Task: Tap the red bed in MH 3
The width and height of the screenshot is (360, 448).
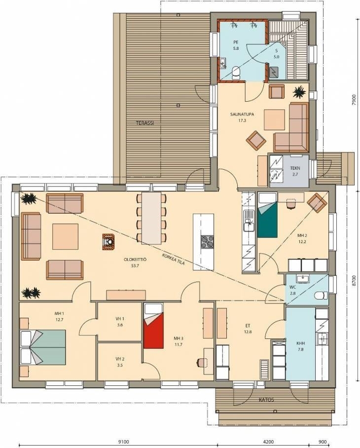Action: pyautogui.click(x=153, y=326)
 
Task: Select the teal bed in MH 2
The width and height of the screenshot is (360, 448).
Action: pyautogui.click(x=267, y=215)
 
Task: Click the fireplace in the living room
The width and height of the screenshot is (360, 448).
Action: pyautogui.click(x=108, y=242)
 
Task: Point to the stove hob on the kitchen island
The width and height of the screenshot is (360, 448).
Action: pyautogui.click(x=207, y=242)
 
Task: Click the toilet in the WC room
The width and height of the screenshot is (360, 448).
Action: pyautogui.click(x=321, y=295)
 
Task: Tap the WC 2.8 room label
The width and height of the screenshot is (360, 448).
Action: pyautogui.click(x=292, y=290)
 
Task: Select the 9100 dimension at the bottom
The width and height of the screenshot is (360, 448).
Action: pyautogui.click(x=123, y=442)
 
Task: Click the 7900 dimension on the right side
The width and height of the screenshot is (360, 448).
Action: pyautogui.click(x=354, y=100)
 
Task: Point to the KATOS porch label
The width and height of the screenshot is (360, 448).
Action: pyautogui.click(x=266, y=400)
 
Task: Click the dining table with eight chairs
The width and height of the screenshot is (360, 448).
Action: pyautogui.click(x=151, y=218)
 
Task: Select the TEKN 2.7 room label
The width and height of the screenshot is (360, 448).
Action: pyautogui.click(x=295, y=171)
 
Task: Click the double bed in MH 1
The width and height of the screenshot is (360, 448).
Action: pyautogui.click(x=43, y=347)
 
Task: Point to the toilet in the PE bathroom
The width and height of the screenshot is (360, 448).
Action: pyautogui.click(x=236, y=73)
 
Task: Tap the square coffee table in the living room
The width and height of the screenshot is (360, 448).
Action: pyautogui.click(x=66, y=236)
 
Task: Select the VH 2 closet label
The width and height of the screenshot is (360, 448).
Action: pyautogui.click(x=120, y=362)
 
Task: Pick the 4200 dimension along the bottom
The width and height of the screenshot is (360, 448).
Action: pyautogui.click(x=268, y=442)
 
